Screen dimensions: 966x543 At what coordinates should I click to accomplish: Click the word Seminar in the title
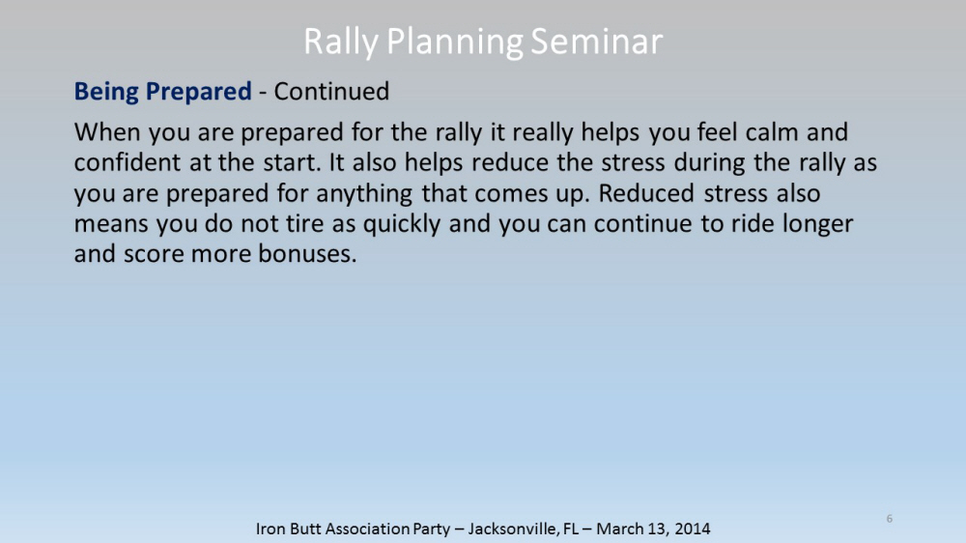(x=596, y=42)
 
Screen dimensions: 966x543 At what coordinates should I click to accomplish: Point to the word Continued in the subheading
(x=331, y=91)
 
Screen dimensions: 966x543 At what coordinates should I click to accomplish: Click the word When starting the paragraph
(x=107, y=132)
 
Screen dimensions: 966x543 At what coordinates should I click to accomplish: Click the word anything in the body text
(x=364, y=194)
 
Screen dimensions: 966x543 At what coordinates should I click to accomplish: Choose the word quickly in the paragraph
(x=402, y=224)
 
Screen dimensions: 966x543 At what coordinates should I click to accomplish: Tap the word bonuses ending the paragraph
(x=307, y=254)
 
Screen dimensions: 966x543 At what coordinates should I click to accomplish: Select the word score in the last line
(x=154, y=254)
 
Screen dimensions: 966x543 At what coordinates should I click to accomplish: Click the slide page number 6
(x=889, y=518)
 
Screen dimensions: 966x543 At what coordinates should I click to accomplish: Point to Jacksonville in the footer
(x=513, y=529)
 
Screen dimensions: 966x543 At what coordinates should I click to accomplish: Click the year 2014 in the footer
(x=692, y=529)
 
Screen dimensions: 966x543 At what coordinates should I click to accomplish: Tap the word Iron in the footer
(x=269, y=529)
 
